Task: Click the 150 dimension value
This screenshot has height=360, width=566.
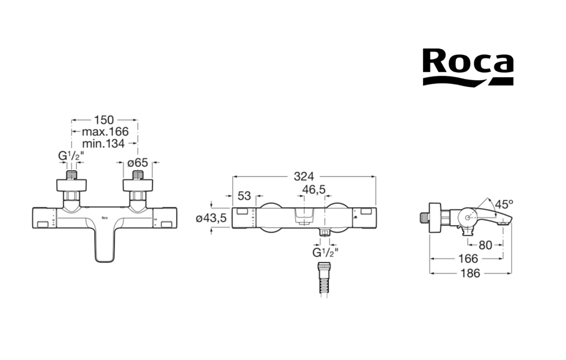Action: pos(105,120)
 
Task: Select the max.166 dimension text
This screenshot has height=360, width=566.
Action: pos(105,131)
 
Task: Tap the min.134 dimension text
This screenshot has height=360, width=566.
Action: pos(104,143)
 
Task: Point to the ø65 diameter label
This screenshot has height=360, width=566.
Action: pos(138,163)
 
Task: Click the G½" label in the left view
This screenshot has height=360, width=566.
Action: pos(70,156)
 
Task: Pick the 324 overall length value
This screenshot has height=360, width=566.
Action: pos(304,176)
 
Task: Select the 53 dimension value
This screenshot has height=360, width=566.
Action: pos(244,195)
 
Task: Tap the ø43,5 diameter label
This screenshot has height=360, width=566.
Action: pos(210,218)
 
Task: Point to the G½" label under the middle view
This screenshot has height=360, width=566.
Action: pos(324,252)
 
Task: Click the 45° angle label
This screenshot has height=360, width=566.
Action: pos(503,205)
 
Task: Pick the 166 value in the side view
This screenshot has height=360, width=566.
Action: pos(467,258)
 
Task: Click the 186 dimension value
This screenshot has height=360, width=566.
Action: pos(471,273)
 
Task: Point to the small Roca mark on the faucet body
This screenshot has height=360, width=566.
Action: pos(105,219)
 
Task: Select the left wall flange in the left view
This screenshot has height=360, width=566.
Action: pos(71,185)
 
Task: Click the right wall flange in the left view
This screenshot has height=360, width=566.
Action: pos(138,185)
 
